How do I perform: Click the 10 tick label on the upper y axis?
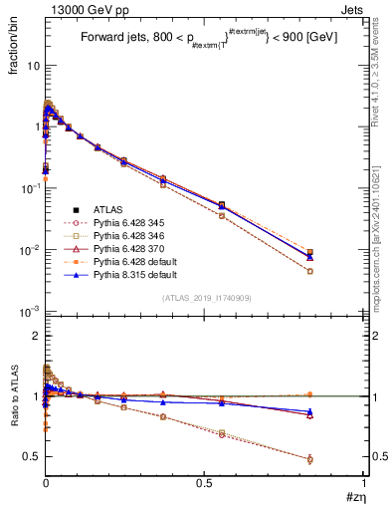32,65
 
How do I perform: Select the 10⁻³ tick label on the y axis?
29,311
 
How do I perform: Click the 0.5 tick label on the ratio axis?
31,456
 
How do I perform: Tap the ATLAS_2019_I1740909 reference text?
203,299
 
